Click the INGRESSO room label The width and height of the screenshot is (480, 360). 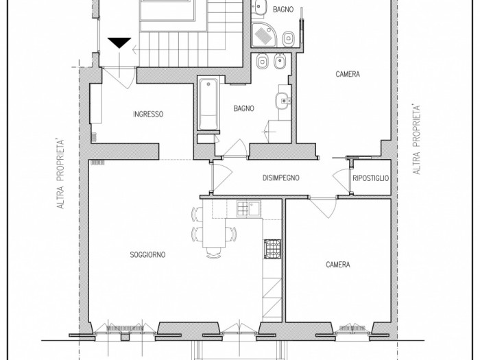[x=148, y=115]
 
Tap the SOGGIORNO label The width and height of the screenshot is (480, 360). [x=147, y=254]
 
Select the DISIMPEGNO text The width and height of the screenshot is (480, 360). [x=280, y=178]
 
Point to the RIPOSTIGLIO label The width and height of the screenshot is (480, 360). [x=371, y=178]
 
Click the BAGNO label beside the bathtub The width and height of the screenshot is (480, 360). [x=243, y=108]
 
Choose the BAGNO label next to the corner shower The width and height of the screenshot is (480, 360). [x=283, y=10]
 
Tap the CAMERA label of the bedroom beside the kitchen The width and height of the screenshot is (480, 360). [x=338, y=265]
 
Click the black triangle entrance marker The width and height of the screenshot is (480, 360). [x=119, y=43]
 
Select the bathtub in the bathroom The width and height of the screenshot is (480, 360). [x=208, y=104]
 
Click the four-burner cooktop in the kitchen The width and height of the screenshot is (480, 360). [x=272, y=248]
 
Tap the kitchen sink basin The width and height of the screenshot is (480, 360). [x=254, y=208]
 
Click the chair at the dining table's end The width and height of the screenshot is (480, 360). [x=214, y=253]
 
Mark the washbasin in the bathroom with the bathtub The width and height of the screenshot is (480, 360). [x=284, y=100]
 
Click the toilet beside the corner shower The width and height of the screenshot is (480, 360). [x=289, y=39]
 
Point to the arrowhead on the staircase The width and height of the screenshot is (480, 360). [x=134, y=49]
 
